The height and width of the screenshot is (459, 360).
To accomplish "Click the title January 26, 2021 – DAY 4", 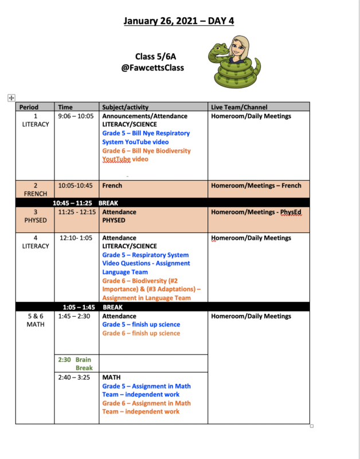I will click(179, 21).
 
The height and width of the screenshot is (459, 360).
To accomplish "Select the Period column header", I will click(29, 107).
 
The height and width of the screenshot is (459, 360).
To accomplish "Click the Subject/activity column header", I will click(125, 107).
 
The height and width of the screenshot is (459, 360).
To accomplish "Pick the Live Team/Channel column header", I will click(239, 107).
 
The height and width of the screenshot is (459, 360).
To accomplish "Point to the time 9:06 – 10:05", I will click(76, 116).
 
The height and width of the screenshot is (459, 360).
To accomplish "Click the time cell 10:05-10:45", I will click(75, 186).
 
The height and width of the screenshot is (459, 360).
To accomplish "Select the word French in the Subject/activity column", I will click(112, 186).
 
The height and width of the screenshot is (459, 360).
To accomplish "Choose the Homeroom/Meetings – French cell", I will click(256, 186).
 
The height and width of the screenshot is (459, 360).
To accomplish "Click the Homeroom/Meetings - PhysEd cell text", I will click(256, 212).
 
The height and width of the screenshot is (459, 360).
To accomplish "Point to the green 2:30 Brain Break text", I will click(75, 364).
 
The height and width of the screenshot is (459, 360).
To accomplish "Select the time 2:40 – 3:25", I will click(74, 378).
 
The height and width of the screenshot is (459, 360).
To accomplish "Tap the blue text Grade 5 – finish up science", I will click(141, 325).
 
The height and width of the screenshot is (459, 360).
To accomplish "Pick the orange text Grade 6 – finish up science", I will click(141, 333).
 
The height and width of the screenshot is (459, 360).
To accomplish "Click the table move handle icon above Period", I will click(11, 98).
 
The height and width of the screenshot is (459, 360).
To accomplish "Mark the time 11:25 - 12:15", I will click(77, 212).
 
